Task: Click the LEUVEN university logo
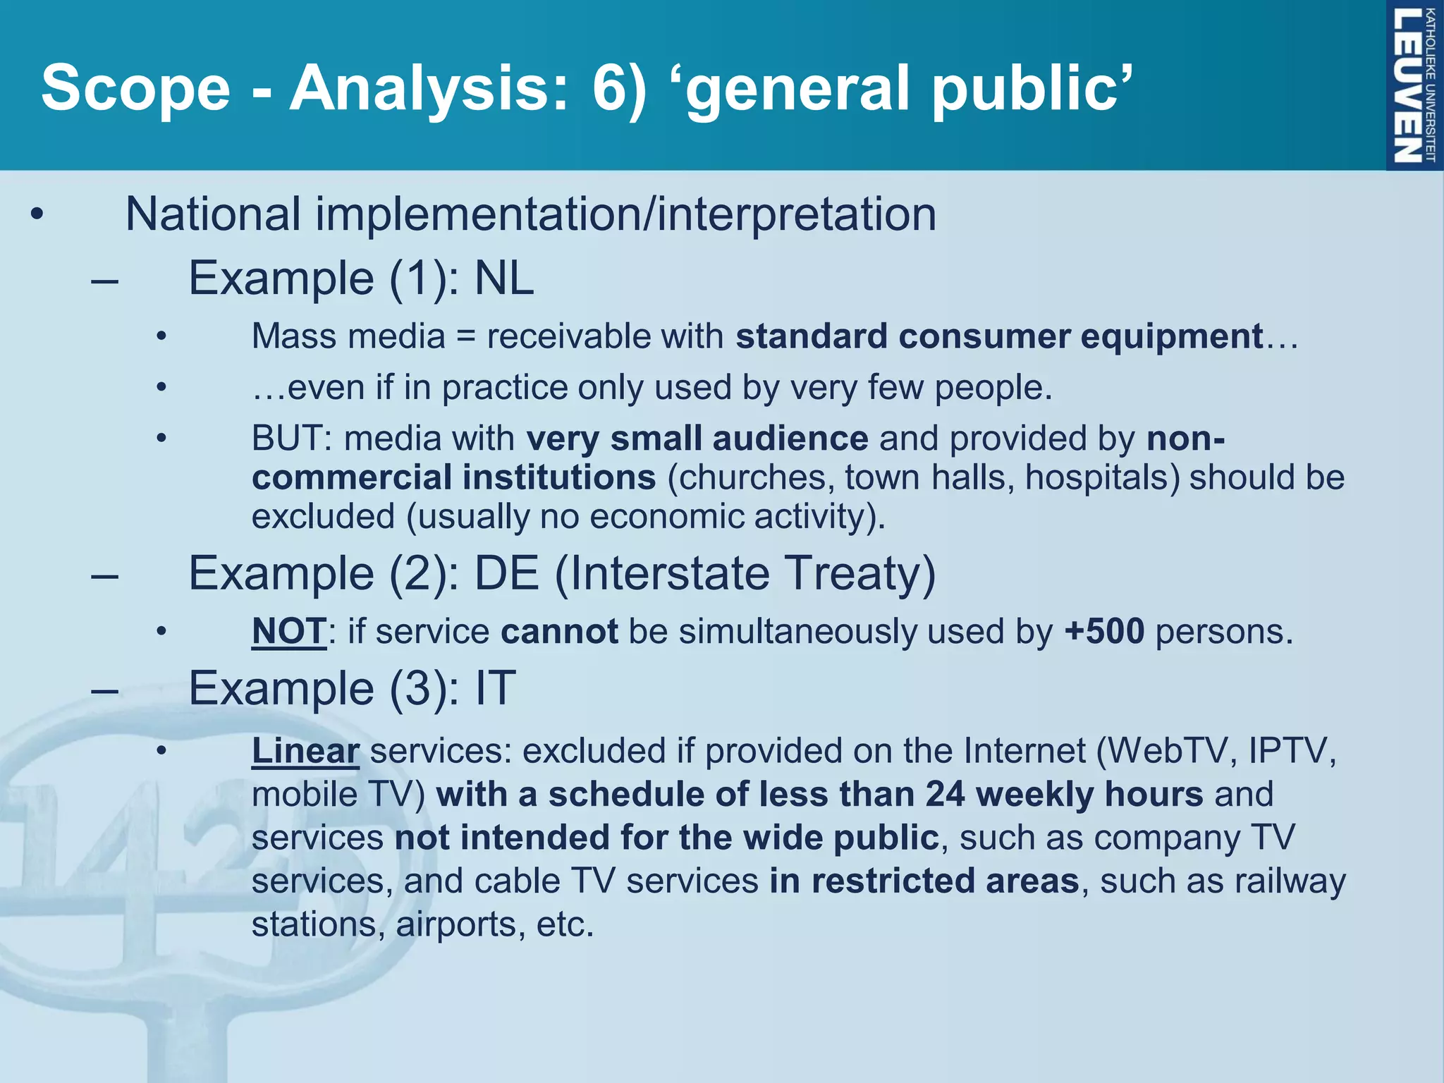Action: coord(1413,85)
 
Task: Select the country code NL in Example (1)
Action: coord(503,279)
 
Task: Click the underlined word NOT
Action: coord(289,631)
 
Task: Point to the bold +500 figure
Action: coord(1104,631)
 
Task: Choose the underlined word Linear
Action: coord(305,751)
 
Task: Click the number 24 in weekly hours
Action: coord(945,795)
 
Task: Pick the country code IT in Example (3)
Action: coord(495,688)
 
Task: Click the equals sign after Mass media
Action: coord(466,336)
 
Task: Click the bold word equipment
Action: coord(1171,336)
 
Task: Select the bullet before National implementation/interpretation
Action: coord(37,214)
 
